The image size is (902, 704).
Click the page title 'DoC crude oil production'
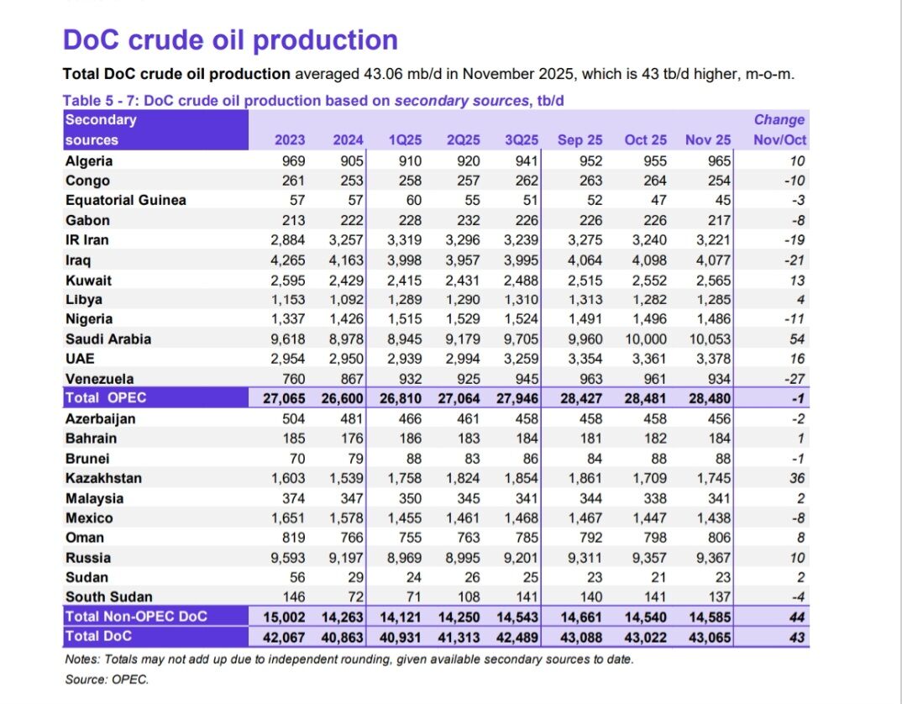click(230, 39)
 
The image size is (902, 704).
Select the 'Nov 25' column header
click(708, 140)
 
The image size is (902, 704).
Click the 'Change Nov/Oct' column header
click(779, 130)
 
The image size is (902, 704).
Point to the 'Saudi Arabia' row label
click(108, 339)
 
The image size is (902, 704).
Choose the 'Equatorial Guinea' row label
click(125, 200)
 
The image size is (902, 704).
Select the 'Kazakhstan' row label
click(103, 478)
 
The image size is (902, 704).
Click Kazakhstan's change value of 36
click(797, 478)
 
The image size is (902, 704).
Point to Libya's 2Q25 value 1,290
click(463, 300)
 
